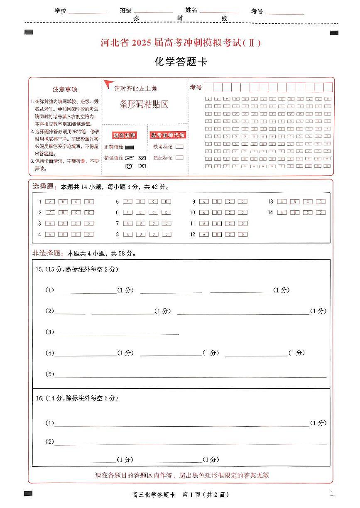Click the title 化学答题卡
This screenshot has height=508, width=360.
[180, 62]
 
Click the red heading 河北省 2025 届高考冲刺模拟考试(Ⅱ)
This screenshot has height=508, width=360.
[181, 43]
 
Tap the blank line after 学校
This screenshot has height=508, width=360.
[88, 12]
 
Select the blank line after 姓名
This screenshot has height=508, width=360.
[219, 12]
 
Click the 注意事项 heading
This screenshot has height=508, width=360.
[65, 89]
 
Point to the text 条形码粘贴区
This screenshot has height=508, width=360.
[144, 104]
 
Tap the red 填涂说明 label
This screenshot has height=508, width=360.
[125, 135]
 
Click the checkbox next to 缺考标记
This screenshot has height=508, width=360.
[179, 147]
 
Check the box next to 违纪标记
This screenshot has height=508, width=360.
[179, 157]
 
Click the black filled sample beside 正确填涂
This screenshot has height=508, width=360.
[130, 147]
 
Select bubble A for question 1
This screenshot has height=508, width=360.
[50, 202]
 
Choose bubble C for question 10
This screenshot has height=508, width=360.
[230, 213]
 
